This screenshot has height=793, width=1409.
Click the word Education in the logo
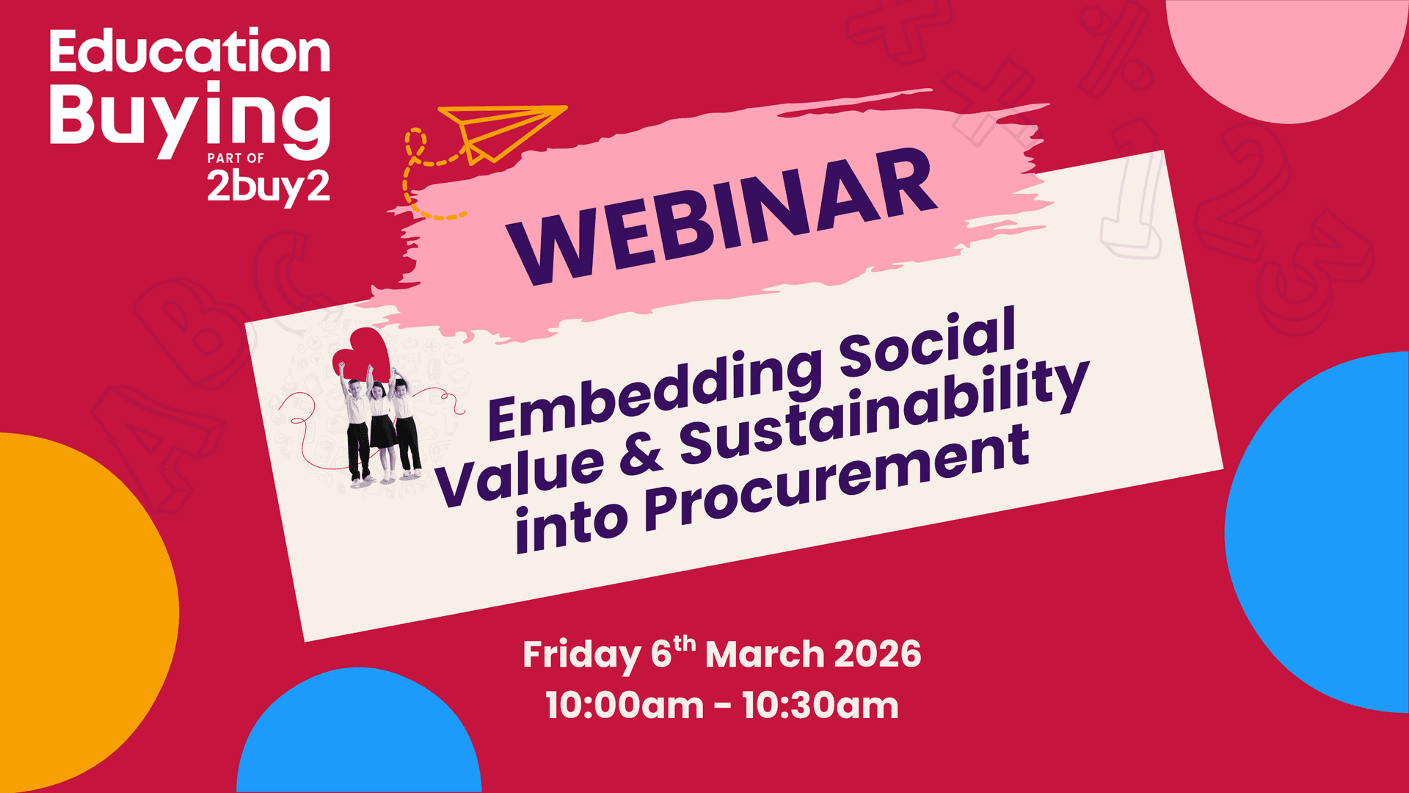pyautogui.click(x=189, y=52)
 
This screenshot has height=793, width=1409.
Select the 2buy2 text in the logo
pyautogui.click(x=268, y=187)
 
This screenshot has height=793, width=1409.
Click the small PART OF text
pyautogui.click(x=236, y=158)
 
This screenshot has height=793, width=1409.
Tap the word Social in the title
pyautogui.click(x=928, y=341)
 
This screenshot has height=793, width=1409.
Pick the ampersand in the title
pyautogui.click(x=640, y=455)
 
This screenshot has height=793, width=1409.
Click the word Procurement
pyautogui.click(x=837, y=481)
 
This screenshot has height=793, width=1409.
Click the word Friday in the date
pyautogui.click(x=581, y=655)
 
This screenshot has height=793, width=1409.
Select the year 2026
pyautogui.click(x=877, y=653)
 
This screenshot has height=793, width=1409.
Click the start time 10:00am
pyautogui.click(x=625, y=706)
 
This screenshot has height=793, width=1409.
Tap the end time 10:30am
pyautogui.click(x=820, y=706)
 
